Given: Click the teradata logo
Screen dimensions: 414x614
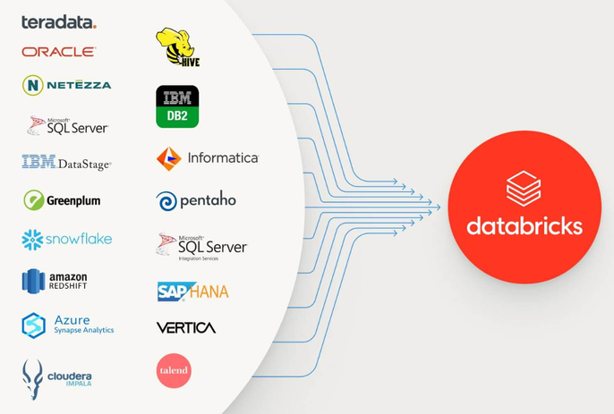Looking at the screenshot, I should point(58,22).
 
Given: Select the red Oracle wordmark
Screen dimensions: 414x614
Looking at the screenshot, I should point(58,52).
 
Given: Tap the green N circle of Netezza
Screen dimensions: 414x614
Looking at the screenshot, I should point(33,85).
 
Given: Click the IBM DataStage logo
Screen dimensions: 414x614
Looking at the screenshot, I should point(66,163).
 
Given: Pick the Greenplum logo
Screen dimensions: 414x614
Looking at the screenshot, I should point(62,200).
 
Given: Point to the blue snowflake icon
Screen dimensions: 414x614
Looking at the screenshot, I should point(32,240).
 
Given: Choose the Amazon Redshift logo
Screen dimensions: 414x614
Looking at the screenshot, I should point(55,281).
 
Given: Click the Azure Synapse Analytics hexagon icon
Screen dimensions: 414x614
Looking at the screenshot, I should point(34,325).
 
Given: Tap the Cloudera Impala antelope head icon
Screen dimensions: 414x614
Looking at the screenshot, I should point(33,376).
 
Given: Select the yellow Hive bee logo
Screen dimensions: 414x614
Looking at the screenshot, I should point(177,47).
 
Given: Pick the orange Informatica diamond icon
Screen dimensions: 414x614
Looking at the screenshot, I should point(169,159).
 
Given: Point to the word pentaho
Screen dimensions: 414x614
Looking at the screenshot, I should point(208,200).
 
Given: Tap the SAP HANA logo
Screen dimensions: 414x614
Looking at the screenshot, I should point(192,291).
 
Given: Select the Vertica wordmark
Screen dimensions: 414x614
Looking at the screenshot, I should point(186,328).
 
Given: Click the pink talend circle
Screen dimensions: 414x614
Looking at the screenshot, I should point(174,370).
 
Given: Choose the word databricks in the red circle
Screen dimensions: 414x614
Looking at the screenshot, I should point(524,224).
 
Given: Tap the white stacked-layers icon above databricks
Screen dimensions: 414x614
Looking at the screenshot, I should point(524,189).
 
